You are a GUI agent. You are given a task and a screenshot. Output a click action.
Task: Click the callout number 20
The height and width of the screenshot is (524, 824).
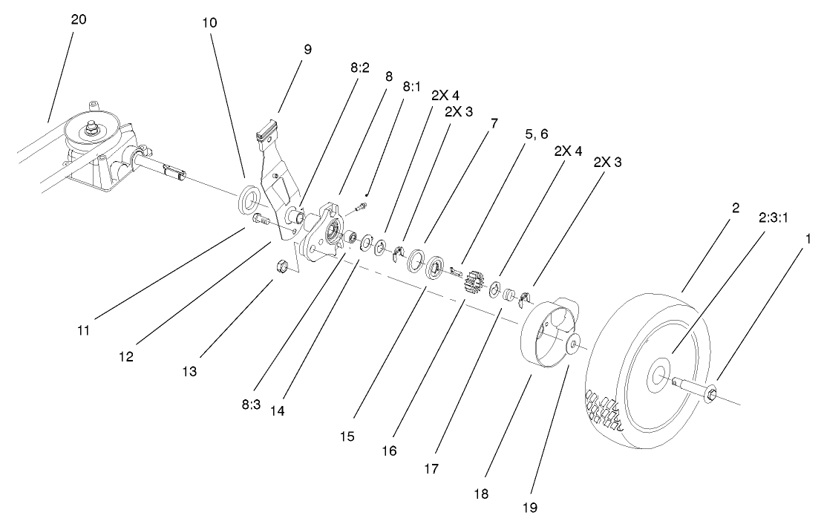[79, 20]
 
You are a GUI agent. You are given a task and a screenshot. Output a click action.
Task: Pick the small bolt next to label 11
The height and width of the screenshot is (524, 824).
[260, 220]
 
